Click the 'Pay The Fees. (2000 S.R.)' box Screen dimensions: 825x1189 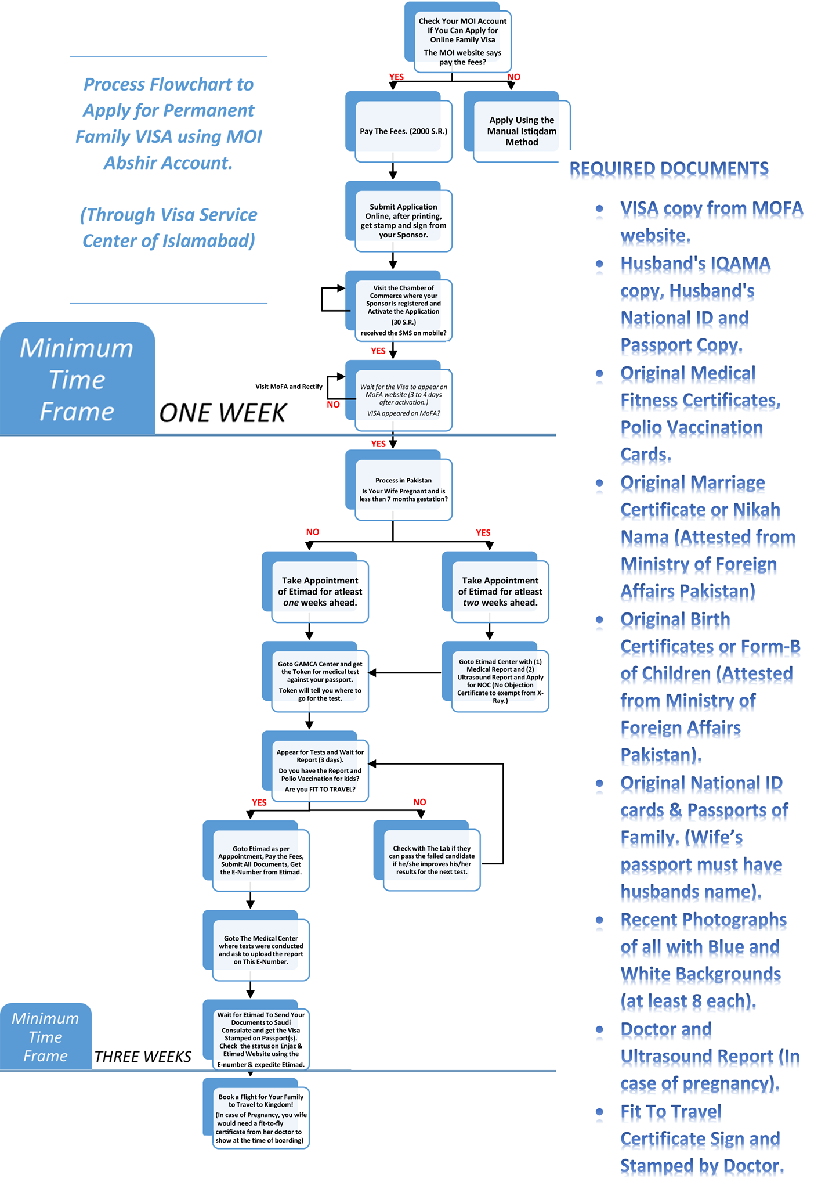coord(399,127)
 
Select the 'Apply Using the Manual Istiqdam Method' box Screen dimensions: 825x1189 coord(517,127)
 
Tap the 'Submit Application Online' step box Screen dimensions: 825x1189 coord(399,217)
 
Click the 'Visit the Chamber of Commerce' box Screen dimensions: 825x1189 coord(399,306)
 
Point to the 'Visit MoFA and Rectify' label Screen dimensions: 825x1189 coord(289,387)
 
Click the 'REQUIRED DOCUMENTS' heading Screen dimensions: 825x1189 coord(669,169)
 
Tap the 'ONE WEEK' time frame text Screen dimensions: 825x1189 coord(223,413)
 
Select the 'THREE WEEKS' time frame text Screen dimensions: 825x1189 coord(143,1057)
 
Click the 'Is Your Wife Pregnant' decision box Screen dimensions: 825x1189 coord(399,485)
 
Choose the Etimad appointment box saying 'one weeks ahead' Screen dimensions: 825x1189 coord(315,587)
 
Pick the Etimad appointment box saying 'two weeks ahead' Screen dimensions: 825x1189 coord(495,587)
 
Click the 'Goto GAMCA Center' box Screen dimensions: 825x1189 coord(315,676)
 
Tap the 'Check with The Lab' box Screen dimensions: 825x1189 coord(427,855)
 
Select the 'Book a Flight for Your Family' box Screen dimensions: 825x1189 coord(256,1114)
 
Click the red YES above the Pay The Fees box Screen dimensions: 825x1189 coord(397,77)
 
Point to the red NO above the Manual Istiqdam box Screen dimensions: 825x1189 coord(514,77)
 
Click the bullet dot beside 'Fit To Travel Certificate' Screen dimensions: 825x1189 coord(600,1112)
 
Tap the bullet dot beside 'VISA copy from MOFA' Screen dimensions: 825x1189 coord(600,208)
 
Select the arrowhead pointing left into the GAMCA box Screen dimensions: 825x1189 coord(372,673)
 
